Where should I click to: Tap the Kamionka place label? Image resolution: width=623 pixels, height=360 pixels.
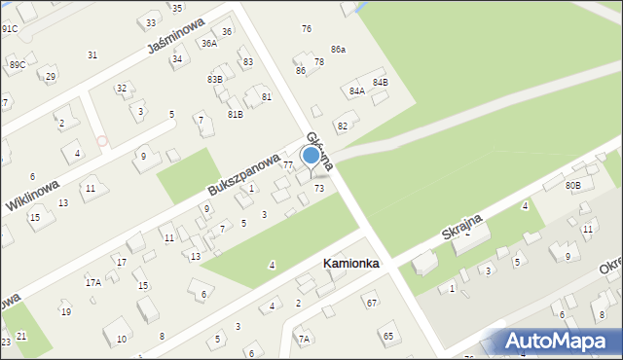[351, 264]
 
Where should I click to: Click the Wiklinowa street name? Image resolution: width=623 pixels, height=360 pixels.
[32, 191]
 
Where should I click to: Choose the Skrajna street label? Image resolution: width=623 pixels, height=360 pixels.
[463, 230]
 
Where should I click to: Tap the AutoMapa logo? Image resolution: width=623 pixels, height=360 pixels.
[560, 342]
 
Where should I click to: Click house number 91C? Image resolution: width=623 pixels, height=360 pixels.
[9, 29]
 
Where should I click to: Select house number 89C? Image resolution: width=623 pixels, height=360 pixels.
[17, 64]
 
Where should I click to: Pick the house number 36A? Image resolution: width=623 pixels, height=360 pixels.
[208, 44]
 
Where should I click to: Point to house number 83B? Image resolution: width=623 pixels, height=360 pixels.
[215, 79]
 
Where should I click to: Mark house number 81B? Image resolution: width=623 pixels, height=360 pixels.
[236, 115]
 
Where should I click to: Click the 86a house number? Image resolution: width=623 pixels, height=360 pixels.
[338, 49]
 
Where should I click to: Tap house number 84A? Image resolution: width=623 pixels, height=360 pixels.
[356, 90]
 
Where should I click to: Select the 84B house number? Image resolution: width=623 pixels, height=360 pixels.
[380, 83]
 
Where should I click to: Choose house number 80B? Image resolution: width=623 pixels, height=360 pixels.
[572, 185]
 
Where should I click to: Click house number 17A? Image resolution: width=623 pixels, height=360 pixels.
[92, 282]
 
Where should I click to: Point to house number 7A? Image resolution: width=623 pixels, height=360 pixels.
[304, 339]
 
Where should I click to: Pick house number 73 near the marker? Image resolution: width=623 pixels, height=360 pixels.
[319, 188]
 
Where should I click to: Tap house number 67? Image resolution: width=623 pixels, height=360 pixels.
[371, 304]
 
